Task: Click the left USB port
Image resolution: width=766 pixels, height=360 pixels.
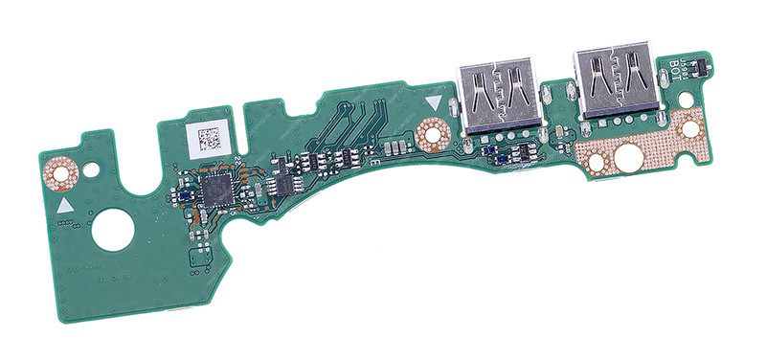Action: point(497,96)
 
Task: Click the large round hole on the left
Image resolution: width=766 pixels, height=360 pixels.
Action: point(113,231)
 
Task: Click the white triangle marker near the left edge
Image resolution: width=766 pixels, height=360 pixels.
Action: point(64,206)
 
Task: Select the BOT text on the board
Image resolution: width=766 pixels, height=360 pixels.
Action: point(674,68)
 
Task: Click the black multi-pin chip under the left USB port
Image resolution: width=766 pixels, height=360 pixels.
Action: point(512,153)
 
